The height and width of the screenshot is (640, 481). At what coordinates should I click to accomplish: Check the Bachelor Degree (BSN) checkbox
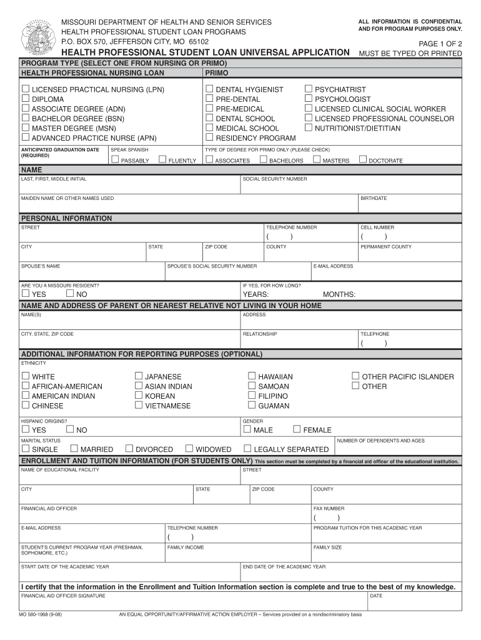click(26, 118)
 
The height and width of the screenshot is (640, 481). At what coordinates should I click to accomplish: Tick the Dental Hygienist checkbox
click(210, 89)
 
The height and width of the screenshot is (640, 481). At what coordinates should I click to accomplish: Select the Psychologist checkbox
click(309, 99)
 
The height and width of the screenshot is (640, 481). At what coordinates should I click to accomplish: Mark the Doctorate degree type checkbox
click(363, 160)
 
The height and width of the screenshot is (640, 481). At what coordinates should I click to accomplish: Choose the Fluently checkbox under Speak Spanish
click(163, 160)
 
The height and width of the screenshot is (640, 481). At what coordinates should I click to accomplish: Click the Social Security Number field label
click(274, 179)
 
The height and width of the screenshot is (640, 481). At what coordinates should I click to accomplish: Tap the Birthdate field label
click(374, 198)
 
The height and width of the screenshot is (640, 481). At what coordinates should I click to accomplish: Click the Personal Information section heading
click(67, 218)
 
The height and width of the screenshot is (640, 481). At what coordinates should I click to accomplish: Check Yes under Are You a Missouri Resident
click(26, 294)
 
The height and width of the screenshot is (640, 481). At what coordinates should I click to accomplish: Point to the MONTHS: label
click(339, 294)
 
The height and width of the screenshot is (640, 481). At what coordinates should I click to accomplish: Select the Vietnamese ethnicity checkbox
click(139, 405)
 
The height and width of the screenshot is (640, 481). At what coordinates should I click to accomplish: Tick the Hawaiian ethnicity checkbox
click(252, 376)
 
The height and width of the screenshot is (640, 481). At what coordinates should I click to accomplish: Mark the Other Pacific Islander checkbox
click(355, 376)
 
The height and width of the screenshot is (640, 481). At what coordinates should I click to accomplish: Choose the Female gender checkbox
click(297, 429)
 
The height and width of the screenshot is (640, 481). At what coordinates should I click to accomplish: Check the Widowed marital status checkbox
click(189, 449)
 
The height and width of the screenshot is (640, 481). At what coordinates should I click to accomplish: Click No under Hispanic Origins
click(70, 429)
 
